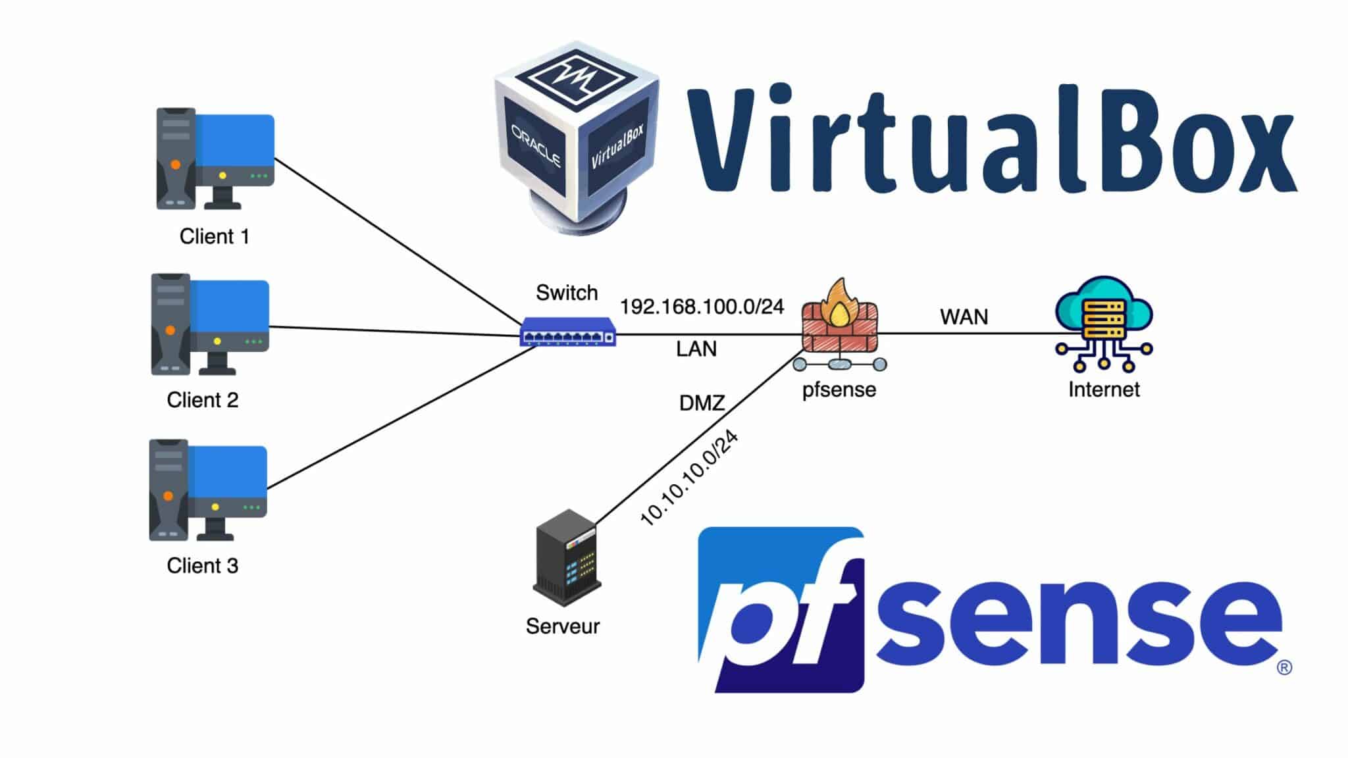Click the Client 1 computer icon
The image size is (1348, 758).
215,159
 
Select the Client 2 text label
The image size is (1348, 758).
202,400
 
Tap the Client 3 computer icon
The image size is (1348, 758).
208,490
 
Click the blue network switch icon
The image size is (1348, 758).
568,332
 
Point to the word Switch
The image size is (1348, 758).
567,293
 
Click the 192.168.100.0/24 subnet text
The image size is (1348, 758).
702,307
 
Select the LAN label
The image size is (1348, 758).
696,349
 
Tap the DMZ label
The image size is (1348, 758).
702,403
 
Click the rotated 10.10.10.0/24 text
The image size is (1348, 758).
688,478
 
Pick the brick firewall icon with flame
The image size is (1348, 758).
840,319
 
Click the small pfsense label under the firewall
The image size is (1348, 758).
839,390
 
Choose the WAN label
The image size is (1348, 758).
964,317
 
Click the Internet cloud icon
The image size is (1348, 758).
1104,322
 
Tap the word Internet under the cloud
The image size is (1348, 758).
1104,390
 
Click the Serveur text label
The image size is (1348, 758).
563,626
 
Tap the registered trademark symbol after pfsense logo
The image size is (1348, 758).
1284,668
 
